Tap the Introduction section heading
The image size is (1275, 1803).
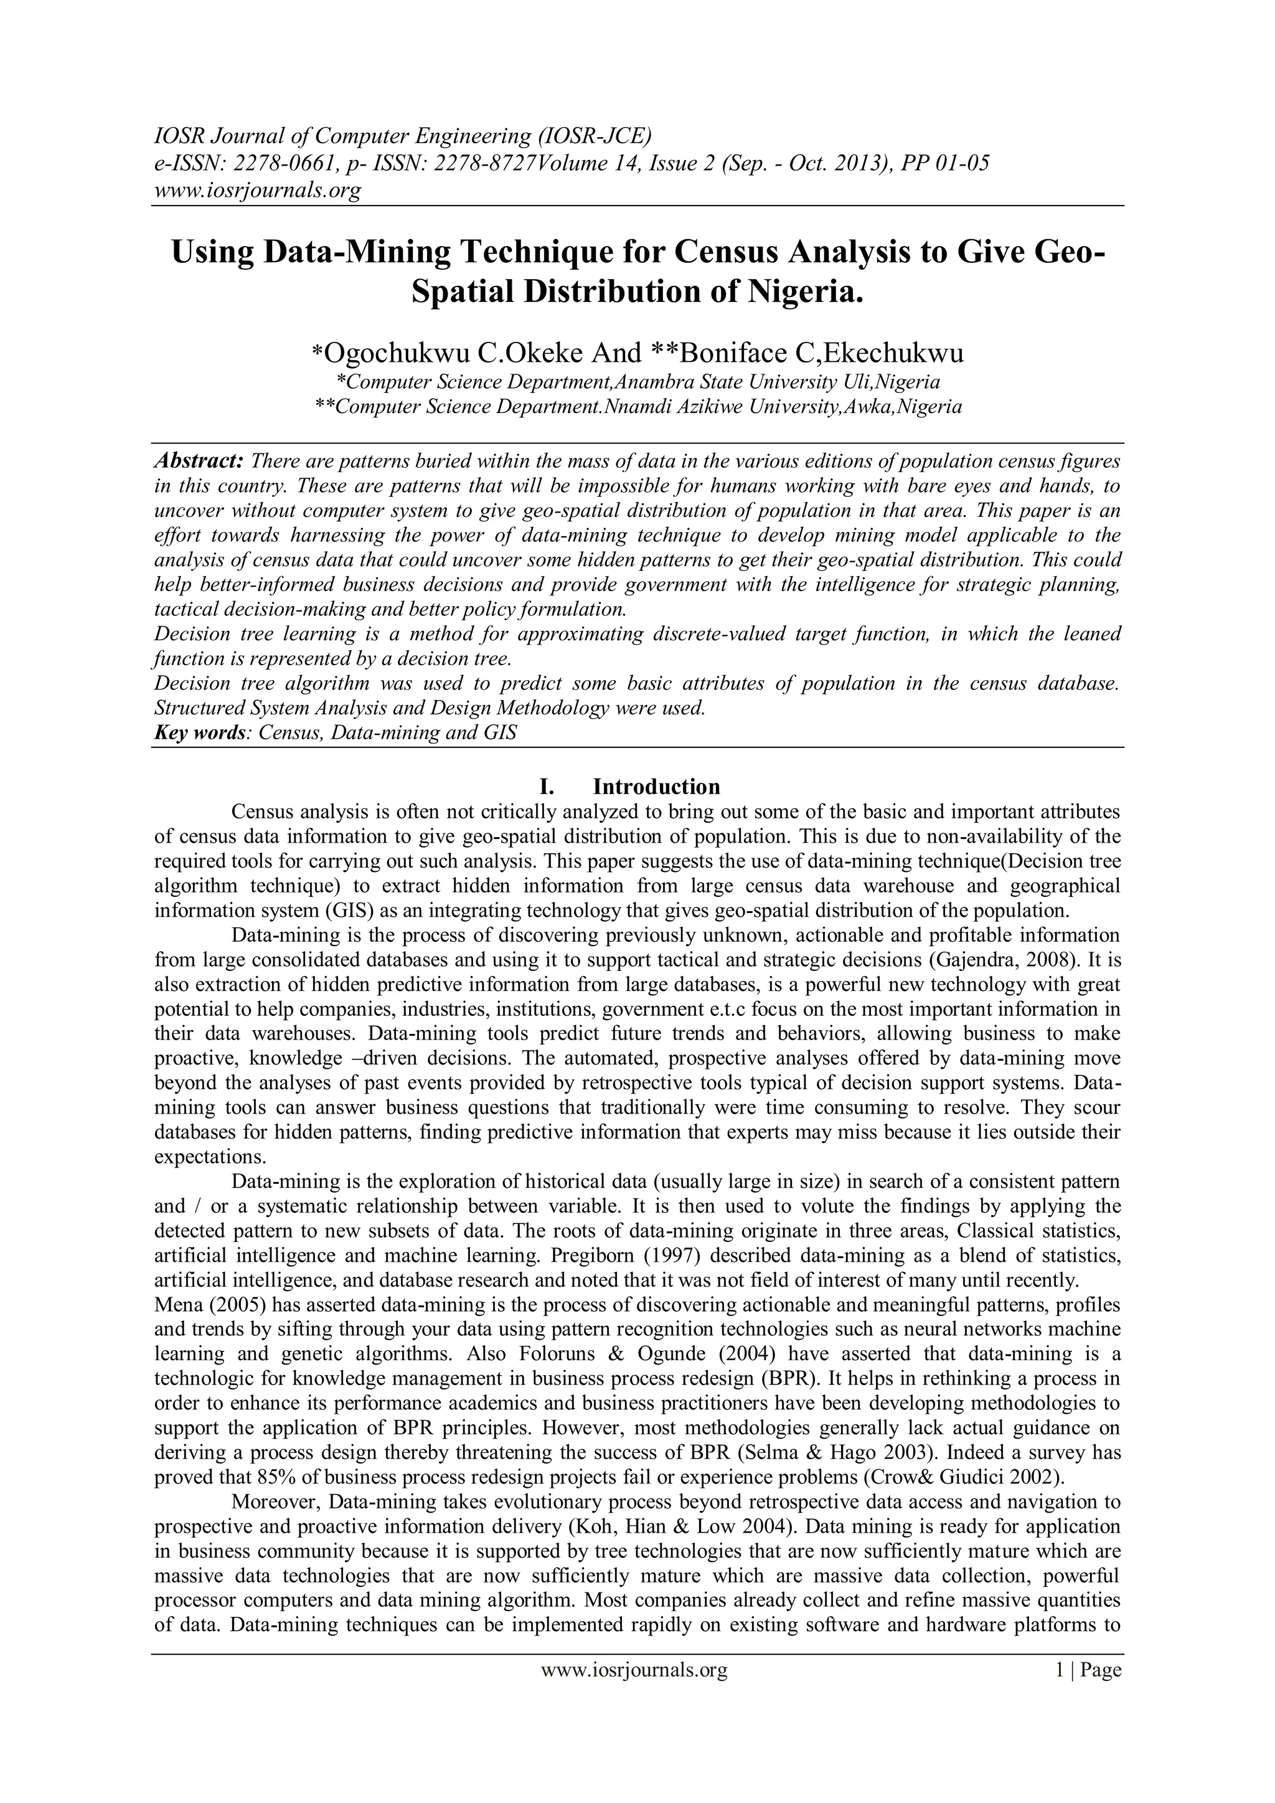(x=656, y=787)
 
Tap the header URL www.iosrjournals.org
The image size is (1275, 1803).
(x=256, y=190)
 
